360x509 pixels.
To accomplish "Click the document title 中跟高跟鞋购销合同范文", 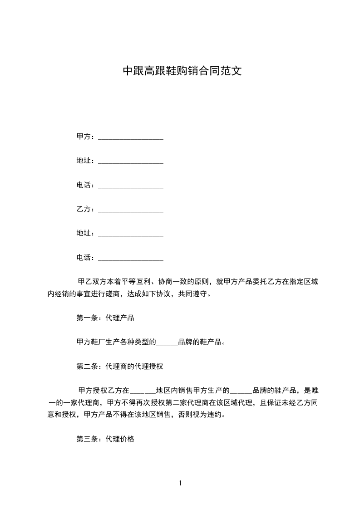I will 180,71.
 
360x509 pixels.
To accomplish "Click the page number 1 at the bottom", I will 180,483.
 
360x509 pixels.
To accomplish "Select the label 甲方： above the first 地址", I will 86,136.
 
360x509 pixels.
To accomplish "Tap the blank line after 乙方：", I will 131,210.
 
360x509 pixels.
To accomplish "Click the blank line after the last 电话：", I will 131,259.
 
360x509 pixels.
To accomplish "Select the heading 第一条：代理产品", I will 105,318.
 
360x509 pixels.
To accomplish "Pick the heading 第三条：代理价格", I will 105,439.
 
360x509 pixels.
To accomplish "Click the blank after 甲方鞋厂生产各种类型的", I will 167,343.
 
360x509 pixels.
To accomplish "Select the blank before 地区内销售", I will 143,391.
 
